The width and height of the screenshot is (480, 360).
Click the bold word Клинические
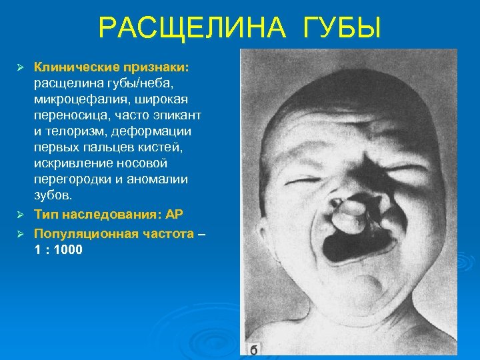coord(75,67)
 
